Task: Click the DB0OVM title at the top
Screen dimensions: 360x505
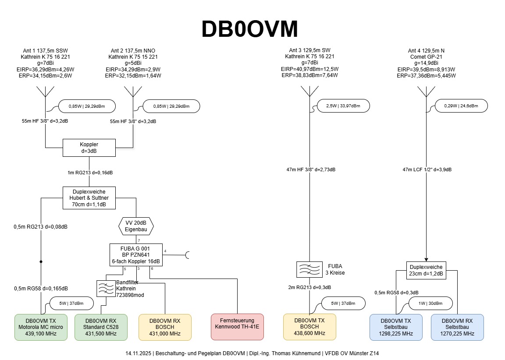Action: click(249, 30)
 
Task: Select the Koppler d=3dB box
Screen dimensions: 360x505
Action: click(89, 148)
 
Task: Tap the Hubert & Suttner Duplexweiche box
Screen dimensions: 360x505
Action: click(89, 198)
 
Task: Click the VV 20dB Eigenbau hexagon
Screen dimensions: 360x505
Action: click(136, 226)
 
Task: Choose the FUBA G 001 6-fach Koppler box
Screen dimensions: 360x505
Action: click(136, 254)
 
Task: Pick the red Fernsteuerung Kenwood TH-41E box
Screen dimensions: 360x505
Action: click(237, 327)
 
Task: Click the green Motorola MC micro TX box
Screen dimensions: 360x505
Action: click(41, 327)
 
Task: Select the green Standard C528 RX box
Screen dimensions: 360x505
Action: click(101, 327)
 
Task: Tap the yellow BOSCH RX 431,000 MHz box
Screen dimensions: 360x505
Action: click(165, 327)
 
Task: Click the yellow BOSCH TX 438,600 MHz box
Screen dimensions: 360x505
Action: click(310, 327)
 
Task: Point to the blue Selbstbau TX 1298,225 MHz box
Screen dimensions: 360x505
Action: click(396, 327)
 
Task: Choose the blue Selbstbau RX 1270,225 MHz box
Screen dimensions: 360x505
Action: click(457, 327)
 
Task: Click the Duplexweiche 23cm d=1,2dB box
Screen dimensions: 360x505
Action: click(427, 270)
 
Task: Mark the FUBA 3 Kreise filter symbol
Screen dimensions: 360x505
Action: click(310, 269)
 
